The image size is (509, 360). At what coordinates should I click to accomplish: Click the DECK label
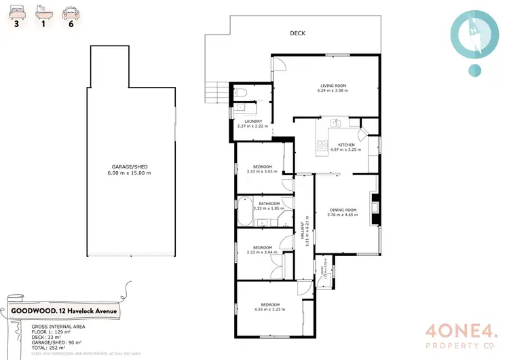[297, 33]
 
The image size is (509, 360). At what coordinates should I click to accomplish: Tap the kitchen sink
[336, 123]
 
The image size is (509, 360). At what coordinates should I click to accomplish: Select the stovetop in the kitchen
[320, 145]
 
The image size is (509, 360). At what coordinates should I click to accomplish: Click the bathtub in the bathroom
[244, 212]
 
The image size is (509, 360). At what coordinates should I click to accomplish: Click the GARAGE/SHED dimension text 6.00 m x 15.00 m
[129, 173]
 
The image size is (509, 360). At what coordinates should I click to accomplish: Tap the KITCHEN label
[337, 145]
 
